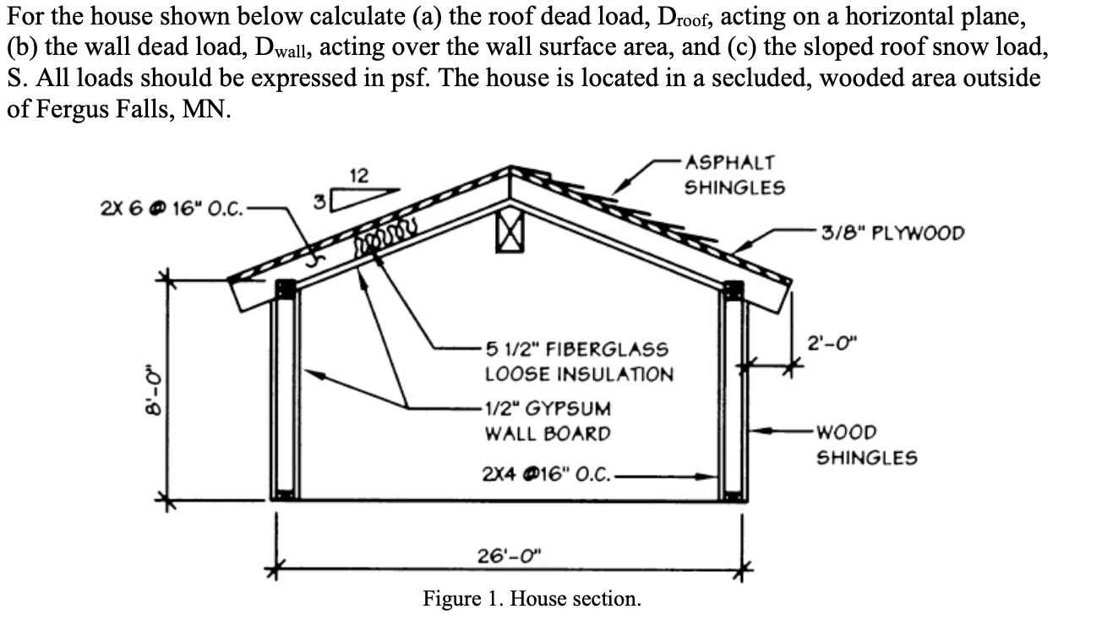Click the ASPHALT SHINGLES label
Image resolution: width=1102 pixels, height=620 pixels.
734,175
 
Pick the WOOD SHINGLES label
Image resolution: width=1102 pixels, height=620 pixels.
865,445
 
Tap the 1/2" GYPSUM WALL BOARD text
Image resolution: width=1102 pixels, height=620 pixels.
547,421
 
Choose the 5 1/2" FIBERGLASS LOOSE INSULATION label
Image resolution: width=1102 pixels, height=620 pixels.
578,362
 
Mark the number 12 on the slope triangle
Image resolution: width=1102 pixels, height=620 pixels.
358,176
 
